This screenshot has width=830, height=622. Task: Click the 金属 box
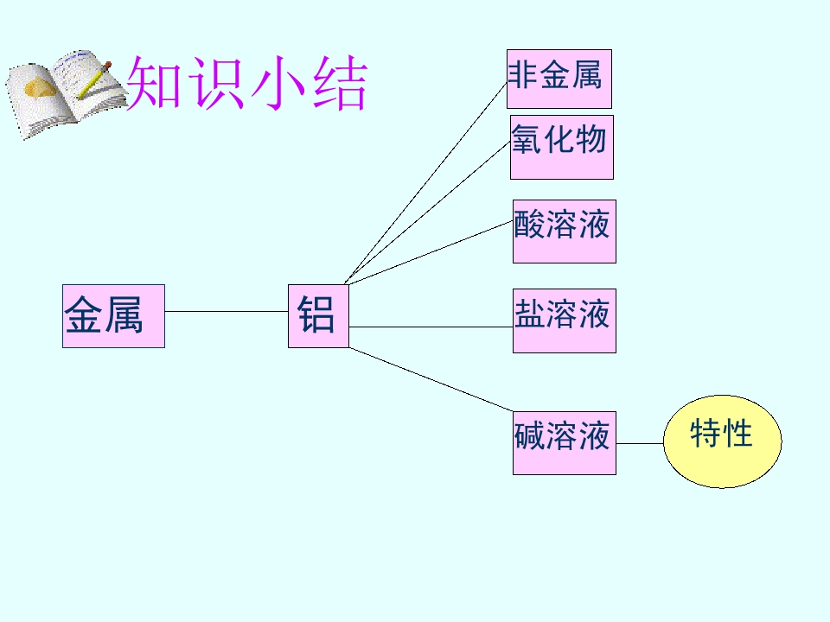(113, 316)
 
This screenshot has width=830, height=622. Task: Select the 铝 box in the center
(318, 316)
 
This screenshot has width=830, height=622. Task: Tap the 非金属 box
(559, 79)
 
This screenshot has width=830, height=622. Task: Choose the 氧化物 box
(562, 147)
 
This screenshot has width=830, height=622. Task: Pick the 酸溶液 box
(565, 232)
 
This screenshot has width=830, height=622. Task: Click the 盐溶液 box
(565, 321)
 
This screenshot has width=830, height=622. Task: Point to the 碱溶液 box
(565, 442)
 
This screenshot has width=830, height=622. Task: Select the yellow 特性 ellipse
(723, 441)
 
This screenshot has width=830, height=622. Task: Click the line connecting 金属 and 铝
(226, 311)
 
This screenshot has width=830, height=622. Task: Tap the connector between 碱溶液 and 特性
(640, 443)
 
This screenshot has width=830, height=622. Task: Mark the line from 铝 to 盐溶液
(431, 327)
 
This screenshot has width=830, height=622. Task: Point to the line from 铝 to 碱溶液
(431, 379)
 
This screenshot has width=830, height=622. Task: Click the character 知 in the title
(155, 83)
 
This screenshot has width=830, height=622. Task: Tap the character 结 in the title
(340, 84)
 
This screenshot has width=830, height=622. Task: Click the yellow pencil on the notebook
(94, 79)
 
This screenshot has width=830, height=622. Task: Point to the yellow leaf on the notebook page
(39, 88)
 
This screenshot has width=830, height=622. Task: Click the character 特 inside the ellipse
(705, 433)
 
